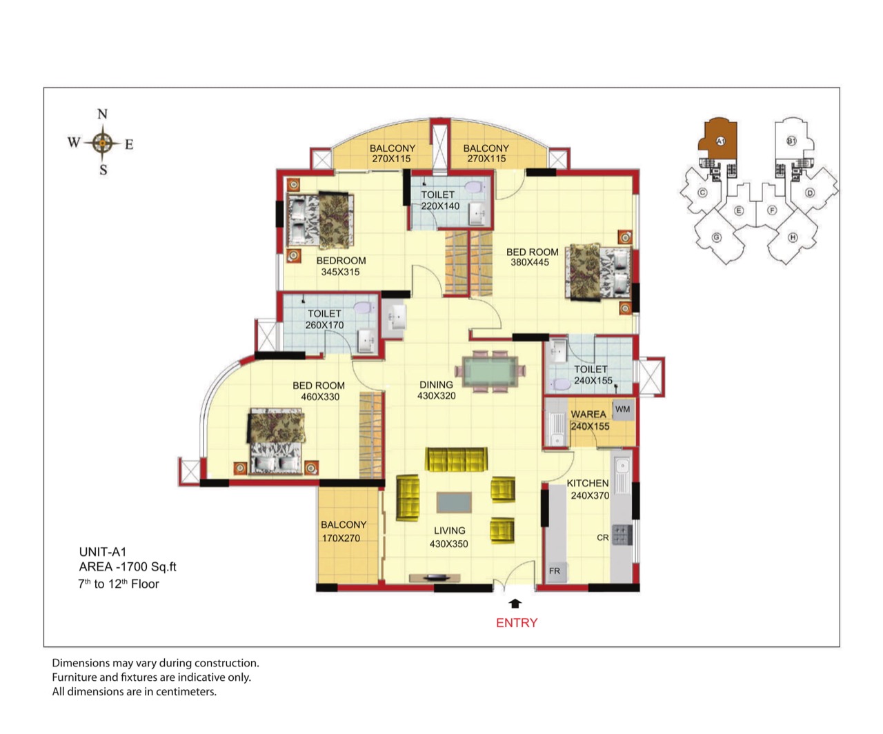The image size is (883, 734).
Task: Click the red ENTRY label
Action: (x=517, y=623)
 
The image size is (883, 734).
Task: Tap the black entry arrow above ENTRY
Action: (x=515, y=604)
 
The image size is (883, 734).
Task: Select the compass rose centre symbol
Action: (x=102, y=143)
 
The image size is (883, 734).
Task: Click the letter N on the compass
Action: (x=102, y=114)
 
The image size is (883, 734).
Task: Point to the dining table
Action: (x=490, y=372)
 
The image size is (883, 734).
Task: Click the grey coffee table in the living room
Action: (x=454, y=502)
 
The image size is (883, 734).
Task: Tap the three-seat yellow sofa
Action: (x=456, y=459)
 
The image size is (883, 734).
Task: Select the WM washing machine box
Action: (x=624, y=409)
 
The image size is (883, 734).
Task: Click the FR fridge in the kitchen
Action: (x=555, y=572)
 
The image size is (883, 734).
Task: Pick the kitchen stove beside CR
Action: (x=622, y=535)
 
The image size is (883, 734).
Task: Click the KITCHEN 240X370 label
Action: (x=588, y=489)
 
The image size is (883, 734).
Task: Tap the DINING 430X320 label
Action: (x=437, y=390)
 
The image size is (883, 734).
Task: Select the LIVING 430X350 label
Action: (x=449, y=537)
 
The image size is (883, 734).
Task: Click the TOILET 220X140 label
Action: (x=439, y=201)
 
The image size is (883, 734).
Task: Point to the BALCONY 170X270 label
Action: (x=343, y=531)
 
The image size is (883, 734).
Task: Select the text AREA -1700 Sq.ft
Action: (x=128, y=566)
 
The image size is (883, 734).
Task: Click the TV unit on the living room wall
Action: (x=435, y=577)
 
